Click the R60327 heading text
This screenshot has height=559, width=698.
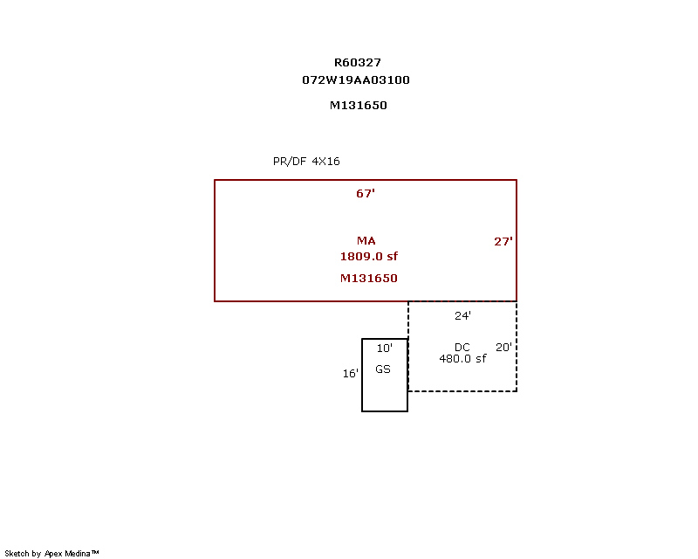click(358, 62)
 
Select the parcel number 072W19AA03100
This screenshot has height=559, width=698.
click(356, 79)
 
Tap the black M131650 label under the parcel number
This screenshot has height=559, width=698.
click(359, 105)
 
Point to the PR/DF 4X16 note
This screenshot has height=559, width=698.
click(306, 162)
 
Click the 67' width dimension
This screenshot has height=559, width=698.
click(366, 193)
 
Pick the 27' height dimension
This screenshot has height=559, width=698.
click(503, 242)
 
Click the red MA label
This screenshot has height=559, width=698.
click(366, 241)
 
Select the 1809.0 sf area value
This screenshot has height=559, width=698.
click(369, 256)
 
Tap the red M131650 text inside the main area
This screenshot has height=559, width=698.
click(368, 278)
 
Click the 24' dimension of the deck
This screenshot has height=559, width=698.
click(463, 315)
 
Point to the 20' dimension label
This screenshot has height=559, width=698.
click(504, 347)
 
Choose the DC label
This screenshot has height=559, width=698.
click(462, 348)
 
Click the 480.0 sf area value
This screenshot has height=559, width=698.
click(462, 358)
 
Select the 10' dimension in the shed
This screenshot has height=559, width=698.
click(385, 349)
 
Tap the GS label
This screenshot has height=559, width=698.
click(383, 369)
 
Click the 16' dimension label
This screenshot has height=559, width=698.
click(351, 374)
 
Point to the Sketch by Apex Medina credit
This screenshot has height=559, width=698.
click(51, 554)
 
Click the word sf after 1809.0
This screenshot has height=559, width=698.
click(392, 256)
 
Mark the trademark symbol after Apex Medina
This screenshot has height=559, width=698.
click(95, 552)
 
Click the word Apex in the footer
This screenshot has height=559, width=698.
click(53, 554)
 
